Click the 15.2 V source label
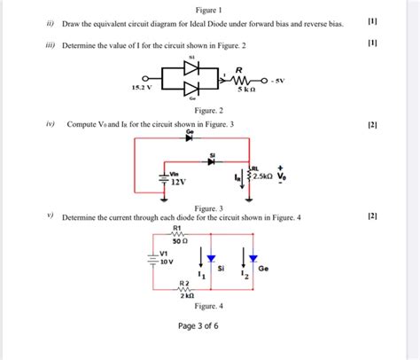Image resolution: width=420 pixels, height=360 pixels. (142, 89)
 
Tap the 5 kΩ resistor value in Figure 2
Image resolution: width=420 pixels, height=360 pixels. (245, 90)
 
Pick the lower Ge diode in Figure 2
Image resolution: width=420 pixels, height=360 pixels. (190, 89)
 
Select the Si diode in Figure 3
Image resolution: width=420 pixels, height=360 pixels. (212, 161)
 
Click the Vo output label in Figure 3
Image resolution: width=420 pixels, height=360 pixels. (283, 176)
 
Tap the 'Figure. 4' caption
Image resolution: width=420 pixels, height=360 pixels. (208, 305)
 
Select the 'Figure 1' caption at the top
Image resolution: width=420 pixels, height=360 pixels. (209, 8)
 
